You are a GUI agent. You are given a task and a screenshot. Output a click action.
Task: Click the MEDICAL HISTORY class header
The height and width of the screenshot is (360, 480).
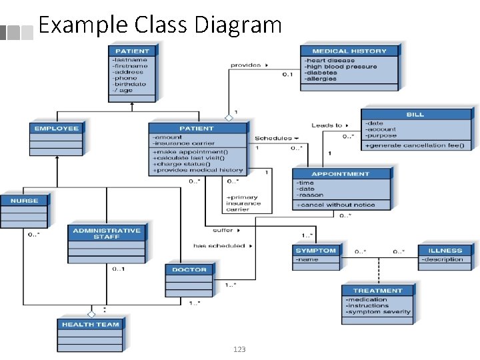[x=349, y=51]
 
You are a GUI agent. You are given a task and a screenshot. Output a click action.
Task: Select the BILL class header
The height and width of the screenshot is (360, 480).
[x=415, y=115]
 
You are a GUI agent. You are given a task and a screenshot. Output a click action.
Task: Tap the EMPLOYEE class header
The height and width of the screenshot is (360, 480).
[x=57, y=128]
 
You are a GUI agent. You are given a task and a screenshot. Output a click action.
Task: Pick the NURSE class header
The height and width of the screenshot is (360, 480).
[x=24, y=201]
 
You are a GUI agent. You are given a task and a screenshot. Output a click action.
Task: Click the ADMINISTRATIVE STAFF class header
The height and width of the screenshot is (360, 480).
[x=107, y=233]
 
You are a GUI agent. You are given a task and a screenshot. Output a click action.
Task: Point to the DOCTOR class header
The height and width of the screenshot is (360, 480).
[x=189, y=269]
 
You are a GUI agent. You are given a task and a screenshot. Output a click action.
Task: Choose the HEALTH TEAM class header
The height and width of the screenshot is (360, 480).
[x=90, y=325]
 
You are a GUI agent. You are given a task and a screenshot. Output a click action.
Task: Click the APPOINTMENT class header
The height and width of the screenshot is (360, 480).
[x=341, y=174]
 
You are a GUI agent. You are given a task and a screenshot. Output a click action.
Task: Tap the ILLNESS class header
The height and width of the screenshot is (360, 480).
[x=445, y=251]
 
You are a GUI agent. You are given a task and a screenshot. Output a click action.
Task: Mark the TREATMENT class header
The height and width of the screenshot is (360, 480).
[x=377, y=291]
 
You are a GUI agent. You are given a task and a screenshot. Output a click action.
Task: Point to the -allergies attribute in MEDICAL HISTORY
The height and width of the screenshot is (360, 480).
[x=321, y=79]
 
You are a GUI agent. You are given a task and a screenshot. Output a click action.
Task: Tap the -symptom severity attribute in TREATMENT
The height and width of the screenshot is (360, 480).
[x=378, y=311]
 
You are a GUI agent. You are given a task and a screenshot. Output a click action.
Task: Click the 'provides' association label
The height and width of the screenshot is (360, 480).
[x=245, y=65]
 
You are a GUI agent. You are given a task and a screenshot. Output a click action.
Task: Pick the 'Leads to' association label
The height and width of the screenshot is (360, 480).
[x=327, y=125]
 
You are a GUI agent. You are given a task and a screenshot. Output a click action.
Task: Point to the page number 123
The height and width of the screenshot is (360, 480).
[x=240, y=349]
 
